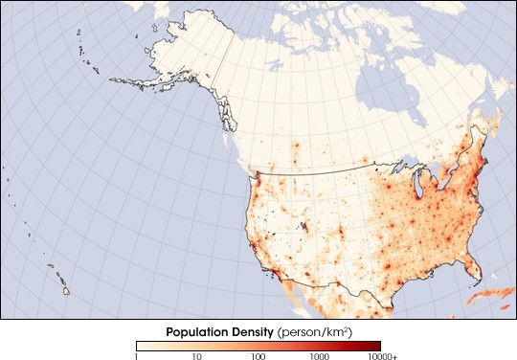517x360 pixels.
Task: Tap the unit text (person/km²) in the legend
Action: tap(313, 332)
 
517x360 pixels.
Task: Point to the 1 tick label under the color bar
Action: tap(137, 355)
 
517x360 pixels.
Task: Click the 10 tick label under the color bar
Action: tap(196, 355)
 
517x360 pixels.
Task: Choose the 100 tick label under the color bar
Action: tap(258, 355)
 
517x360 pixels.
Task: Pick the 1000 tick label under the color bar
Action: tap(318, 355)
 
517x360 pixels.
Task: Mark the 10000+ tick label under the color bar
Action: tap(382, 355)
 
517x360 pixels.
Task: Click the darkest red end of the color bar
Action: tap(375, 345)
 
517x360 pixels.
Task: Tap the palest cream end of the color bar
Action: tap(141, 345)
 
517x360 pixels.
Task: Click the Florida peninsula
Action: tap(471, 269)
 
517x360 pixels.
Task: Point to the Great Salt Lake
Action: tap(303, 226)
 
